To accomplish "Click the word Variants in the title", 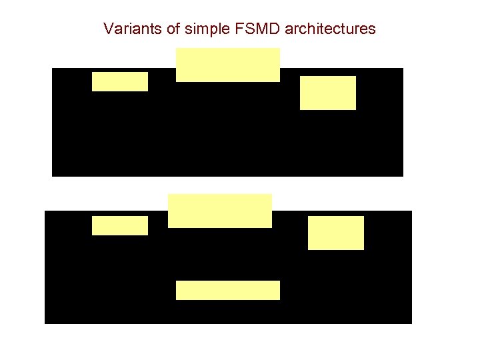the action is tap(127, 29).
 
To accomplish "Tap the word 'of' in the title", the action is tap(159, 29).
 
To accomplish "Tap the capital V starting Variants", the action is tap(108, 29).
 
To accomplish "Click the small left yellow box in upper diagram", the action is tap(120, 81).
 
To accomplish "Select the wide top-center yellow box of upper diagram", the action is tap(228, 65).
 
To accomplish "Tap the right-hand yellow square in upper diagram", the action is tap(328, 93).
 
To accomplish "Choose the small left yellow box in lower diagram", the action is tap(120, 225).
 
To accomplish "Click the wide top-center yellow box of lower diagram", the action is tap(220, 211).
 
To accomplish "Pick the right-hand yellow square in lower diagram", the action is tap(336, 233).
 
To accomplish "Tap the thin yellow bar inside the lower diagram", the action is tap(228, 290).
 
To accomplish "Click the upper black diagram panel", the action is tap(200, 133).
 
